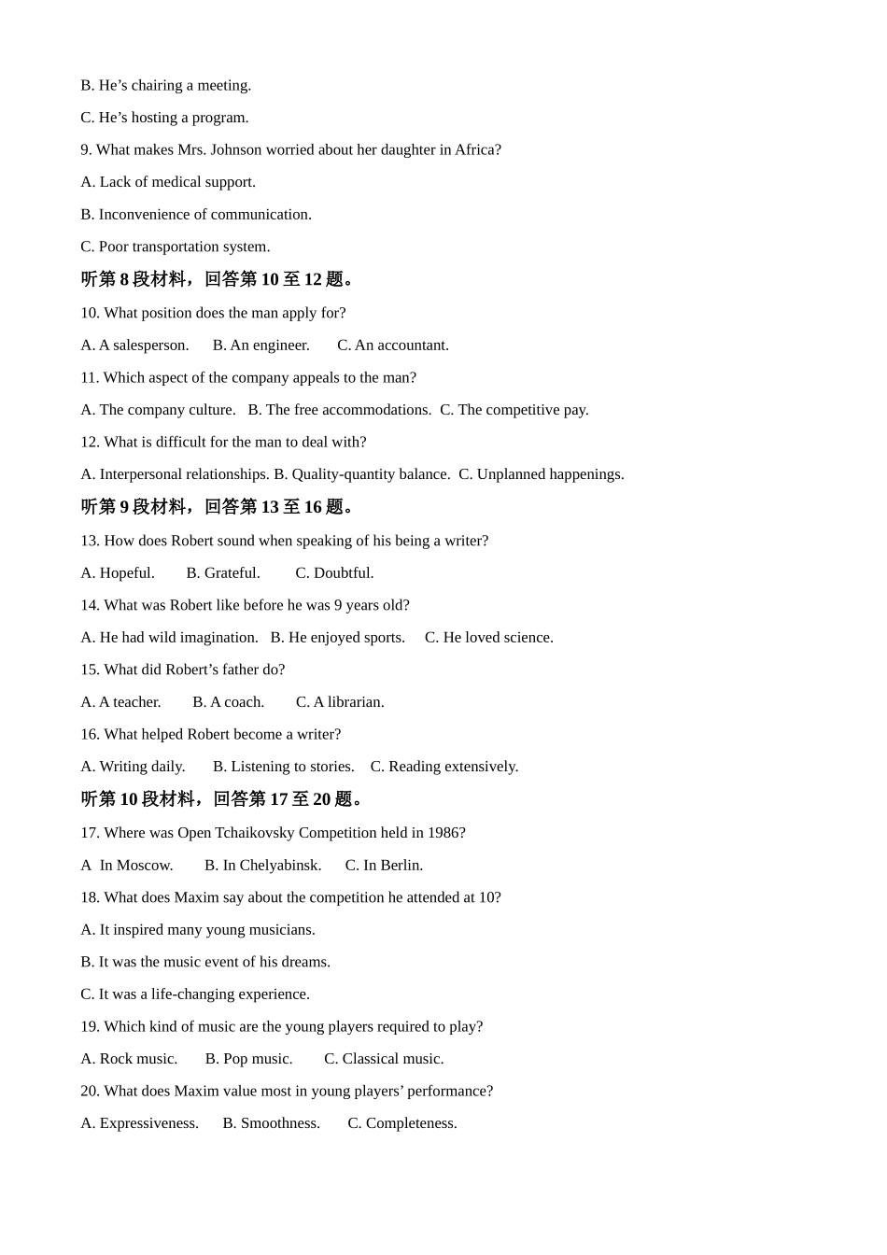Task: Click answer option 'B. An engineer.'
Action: [260, 345]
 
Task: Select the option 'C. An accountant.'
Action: [392, 345]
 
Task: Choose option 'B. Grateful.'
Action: [222, 573]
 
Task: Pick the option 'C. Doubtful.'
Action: [334, 573]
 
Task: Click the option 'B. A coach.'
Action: [228, 702]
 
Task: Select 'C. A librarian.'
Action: [340, 702]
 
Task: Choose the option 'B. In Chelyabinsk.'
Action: [262, 866]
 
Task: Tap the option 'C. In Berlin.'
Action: [384, 866]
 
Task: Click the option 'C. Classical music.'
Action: [384, 1059]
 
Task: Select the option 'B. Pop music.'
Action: [248, 1059]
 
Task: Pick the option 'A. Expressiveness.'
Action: [139, 1123]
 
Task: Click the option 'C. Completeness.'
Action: [402, 1123]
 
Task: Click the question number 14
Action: [90, 605]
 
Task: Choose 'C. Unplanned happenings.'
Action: [541, 474]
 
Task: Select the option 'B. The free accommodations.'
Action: [339, 410]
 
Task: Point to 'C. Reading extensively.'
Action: [443, 767]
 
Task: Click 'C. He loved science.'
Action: [488, 638]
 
